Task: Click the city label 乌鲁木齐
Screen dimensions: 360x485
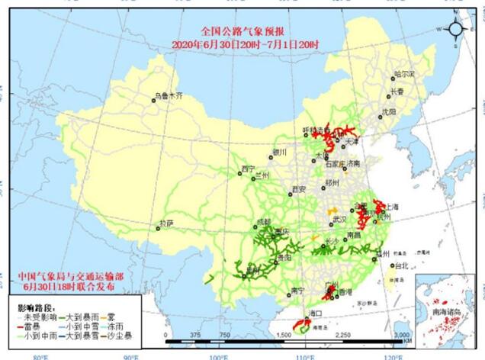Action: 169,96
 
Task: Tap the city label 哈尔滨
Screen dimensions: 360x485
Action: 403,75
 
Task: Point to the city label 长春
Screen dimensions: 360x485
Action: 397,91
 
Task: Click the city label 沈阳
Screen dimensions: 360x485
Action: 389,111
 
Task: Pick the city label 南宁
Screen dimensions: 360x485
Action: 297,291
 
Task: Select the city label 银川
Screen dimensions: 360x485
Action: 279,152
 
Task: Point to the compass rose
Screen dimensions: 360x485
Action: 455,30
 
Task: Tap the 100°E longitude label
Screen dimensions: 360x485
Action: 218,356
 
